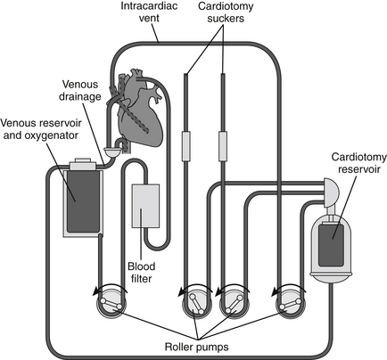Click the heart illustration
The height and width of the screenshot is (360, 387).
[x=141, y=109]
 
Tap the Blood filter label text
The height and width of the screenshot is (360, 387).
[x=142, y=272]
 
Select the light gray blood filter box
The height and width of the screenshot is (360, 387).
[x=145, y=206]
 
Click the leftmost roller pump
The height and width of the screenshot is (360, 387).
[x=111, y=304]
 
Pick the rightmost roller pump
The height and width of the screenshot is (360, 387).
[x=290, y=304]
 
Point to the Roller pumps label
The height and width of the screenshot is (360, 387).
[x=196, y=347]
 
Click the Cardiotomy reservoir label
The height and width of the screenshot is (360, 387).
[x=359, y=163]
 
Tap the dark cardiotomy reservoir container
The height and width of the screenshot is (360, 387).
[x=331, y=245]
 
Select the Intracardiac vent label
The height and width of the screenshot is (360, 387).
[x=149, y=12]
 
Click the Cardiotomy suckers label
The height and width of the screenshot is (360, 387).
[x=226, y=12]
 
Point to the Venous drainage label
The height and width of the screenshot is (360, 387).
[x=80, y=90]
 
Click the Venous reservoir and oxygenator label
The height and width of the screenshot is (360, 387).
[x=41, y=129]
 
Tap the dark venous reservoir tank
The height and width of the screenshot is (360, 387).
[x=84, y=201]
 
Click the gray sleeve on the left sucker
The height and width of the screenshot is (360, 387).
[x=185, y=146]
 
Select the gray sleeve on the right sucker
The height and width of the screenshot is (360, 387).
[x=223, y=146]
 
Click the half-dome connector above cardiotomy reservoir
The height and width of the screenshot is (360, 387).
[x=331, y=192]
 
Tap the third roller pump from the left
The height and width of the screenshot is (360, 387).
[x=234, y=304]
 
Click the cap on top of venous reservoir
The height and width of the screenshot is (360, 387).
[x=83, y=164]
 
